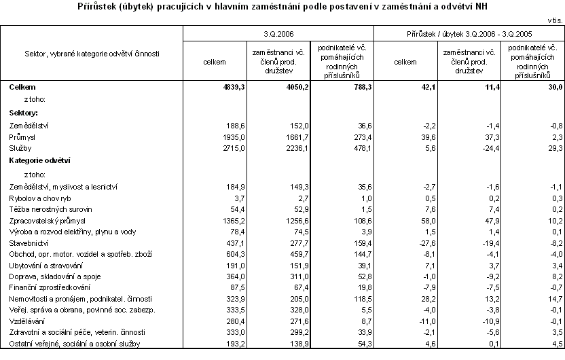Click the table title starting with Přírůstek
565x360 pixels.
[282, 7]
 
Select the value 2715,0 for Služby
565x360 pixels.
[225, 147]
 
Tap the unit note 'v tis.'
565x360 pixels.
[553, 21]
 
